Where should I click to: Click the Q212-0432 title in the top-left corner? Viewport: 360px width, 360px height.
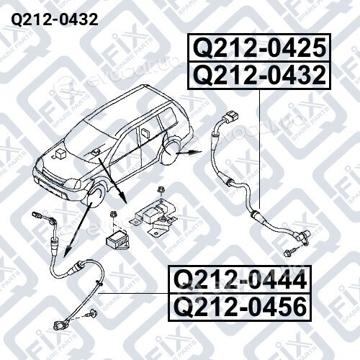(55, 19)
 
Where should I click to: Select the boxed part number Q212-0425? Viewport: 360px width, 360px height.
(260, 48)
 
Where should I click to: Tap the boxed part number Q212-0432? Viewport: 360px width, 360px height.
(260, 76)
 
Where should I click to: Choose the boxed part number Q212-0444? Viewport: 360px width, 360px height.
(240, 279)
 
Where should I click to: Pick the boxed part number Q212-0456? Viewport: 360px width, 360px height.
(240, 307)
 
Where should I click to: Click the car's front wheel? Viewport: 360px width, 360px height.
(94, 197)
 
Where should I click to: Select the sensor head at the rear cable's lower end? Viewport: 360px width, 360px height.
(302, 238)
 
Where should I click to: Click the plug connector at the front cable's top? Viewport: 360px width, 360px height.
(37, 215)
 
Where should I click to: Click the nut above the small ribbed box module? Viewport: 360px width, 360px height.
(113, 215)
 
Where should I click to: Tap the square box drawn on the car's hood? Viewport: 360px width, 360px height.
(60, 154)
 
